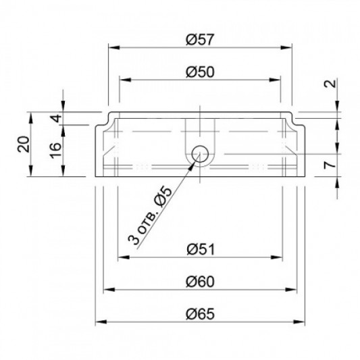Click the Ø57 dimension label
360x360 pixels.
(x=200, y=39)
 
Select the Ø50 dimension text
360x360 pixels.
(x=200, y=72)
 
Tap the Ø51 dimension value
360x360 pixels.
(x=201, y=249)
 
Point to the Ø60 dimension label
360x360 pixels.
(x=200, y=282)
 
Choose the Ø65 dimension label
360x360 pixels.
(x=200, y=314)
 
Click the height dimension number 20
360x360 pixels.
(x=24, y=144)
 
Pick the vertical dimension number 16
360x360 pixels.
(x=56, y=151)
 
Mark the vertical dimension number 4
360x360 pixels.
(x=56, y=118)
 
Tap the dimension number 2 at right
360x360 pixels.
(x=330, y=83)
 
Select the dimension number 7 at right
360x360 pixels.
(x=330, y=165)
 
